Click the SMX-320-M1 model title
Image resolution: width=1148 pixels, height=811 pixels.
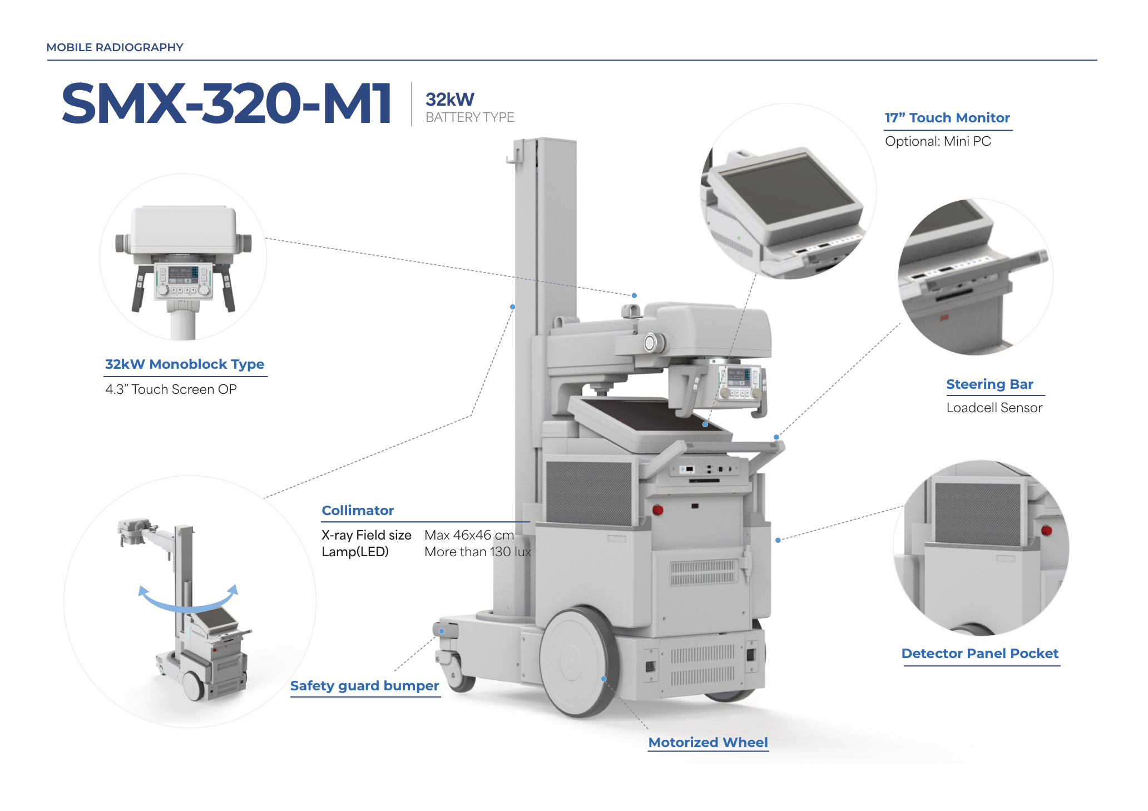(x=227, y=103)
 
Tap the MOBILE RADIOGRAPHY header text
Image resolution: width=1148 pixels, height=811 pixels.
(x=115, y=47)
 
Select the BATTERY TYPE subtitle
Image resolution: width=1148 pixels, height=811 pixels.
(x=469, y=117)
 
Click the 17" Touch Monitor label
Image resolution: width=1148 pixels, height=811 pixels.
(x=947, y=118)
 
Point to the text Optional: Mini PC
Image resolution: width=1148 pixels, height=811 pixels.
(x=938, y=141)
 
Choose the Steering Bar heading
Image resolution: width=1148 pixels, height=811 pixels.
(x=989, y=384)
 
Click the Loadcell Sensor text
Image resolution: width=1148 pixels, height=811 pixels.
(x=994, y=408)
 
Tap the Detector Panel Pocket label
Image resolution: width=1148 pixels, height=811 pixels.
(x=979, y=654)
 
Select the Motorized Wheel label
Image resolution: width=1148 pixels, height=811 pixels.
(x=707, y=743)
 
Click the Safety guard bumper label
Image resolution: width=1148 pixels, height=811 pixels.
(x=364, y=686)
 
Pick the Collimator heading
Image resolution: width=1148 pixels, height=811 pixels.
(x=358, y=511)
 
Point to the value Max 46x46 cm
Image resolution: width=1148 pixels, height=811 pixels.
(x=469, y=535)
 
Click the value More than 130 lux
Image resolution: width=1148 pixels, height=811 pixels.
(x=477, y=552)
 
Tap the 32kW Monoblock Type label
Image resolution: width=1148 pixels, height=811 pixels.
(x=185, y=364)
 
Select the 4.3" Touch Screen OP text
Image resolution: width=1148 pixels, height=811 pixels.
(x=171, y=389)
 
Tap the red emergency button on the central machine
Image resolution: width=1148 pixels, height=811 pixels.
(x=657, y=510)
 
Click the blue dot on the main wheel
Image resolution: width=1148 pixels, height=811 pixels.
(x=603, y=679)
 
